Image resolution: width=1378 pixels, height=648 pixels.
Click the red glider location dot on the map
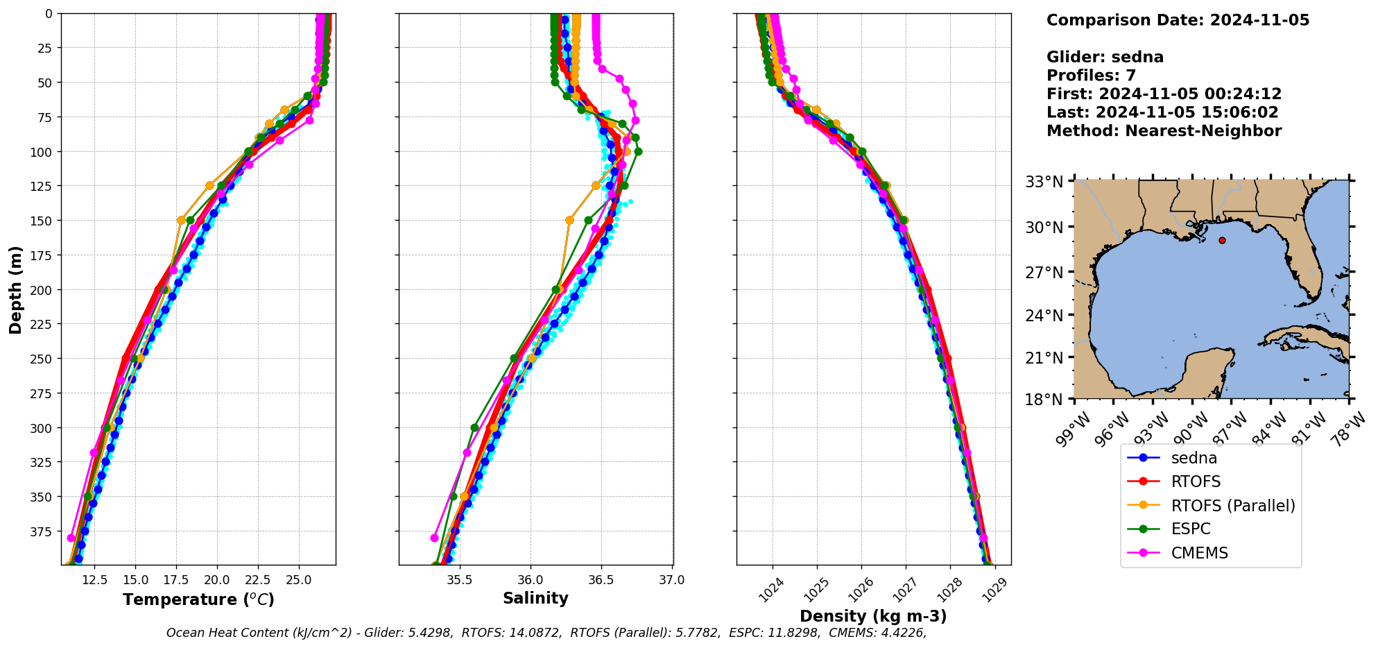pyautogui.click(x=1222, y=240)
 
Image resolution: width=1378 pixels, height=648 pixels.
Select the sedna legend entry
pyautogui.click(x=1194, y=458)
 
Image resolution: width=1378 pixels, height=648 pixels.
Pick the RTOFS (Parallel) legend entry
pyautogui.click(x=1232, y=506)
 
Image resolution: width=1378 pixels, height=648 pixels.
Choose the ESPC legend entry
pyautogui.click(x=1191, y=529)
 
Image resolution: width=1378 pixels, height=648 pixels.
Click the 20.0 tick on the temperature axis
pyautogui.click(x=217, y=580)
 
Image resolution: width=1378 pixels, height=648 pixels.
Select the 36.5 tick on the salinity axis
pyautogui.click(x=601, y=580)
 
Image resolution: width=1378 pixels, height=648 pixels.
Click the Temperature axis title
pyautogui.click(x=198, y=599)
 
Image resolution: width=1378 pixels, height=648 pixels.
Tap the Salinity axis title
pyautogui.click(x=535, y=599)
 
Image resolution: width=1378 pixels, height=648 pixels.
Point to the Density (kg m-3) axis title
pyautogui.click(x=873, y=616)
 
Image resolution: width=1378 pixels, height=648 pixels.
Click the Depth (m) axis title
pyautogui.click(x=15, y=289)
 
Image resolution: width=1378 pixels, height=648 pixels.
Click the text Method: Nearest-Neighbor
pyautogui.click(x=1164, y=131)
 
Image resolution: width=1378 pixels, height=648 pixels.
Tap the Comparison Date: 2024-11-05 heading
pyautogui.click(x=1178, y=20)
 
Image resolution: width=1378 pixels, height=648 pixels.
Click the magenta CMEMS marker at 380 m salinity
pyautogui.click(x=435, y=538)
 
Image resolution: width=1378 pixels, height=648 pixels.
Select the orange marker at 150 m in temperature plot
pyautogui.click(x=182, y=221)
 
